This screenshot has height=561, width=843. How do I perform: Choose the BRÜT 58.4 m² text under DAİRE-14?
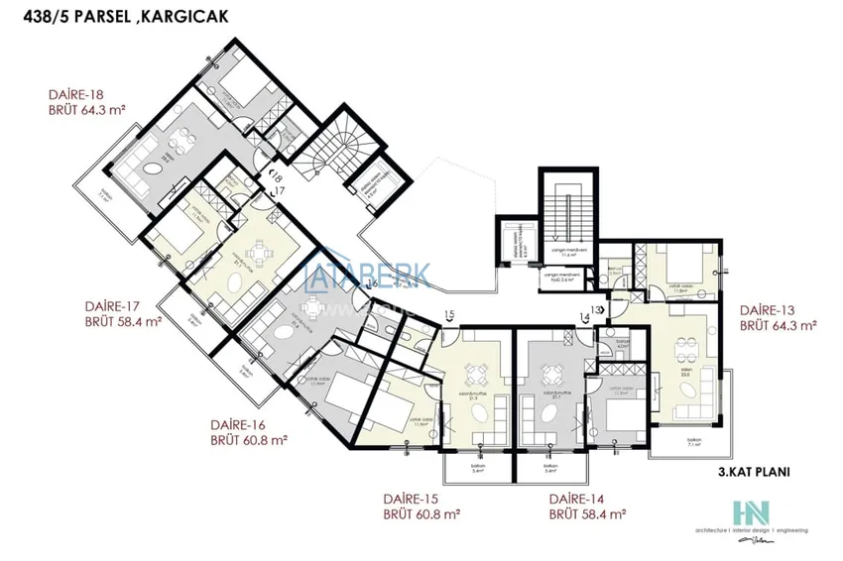pos(588,514)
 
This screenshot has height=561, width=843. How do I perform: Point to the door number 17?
pos(279,189)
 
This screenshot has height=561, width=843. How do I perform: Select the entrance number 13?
pos(596,310)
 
